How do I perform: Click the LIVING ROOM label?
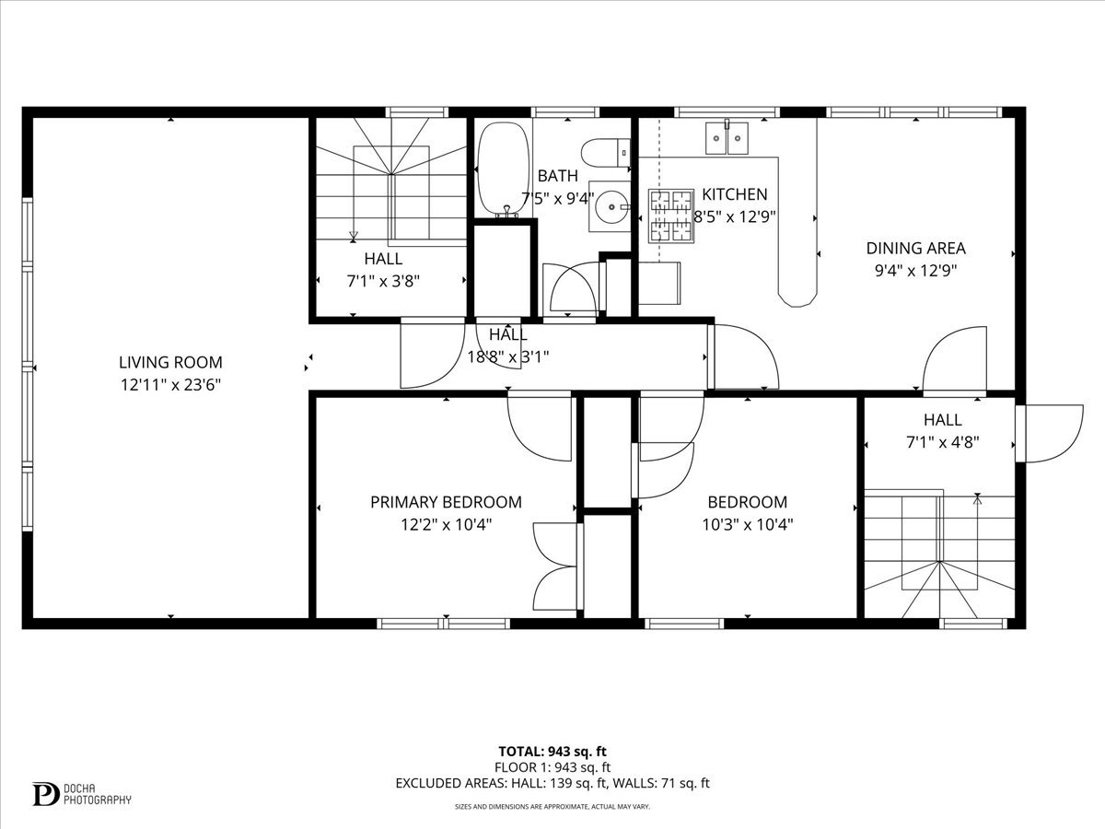[170, 362]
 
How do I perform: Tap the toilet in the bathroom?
[606, 153]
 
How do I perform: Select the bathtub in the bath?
[504, 169]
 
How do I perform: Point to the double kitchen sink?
[727, 137]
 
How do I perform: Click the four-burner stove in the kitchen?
[671, 216]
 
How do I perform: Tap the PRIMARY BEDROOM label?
[446, 502]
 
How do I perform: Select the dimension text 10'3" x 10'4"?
[748, 525]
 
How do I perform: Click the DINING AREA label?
[915, 248]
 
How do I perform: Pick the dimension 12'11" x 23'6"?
[170, 385]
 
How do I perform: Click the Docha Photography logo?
[82, 794]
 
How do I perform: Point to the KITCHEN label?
[735, 194]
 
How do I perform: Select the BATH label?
[557, 176]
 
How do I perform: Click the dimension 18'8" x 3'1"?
[508, 357]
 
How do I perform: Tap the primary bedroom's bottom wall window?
[443, 625]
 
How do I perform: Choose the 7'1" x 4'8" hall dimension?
[942, 442]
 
